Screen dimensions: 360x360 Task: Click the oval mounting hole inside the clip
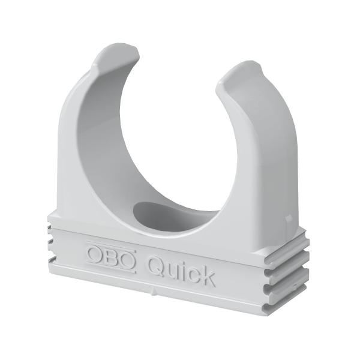coord(162,213)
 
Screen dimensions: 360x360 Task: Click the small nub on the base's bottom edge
coord(155,295)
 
